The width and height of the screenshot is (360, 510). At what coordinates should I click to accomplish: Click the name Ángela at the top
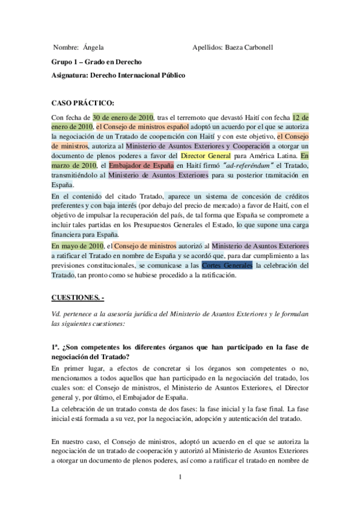click(x=93, y=47)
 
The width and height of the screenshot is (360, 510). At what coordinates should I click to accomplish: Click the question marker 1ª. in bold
click(x=56, y=347)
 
